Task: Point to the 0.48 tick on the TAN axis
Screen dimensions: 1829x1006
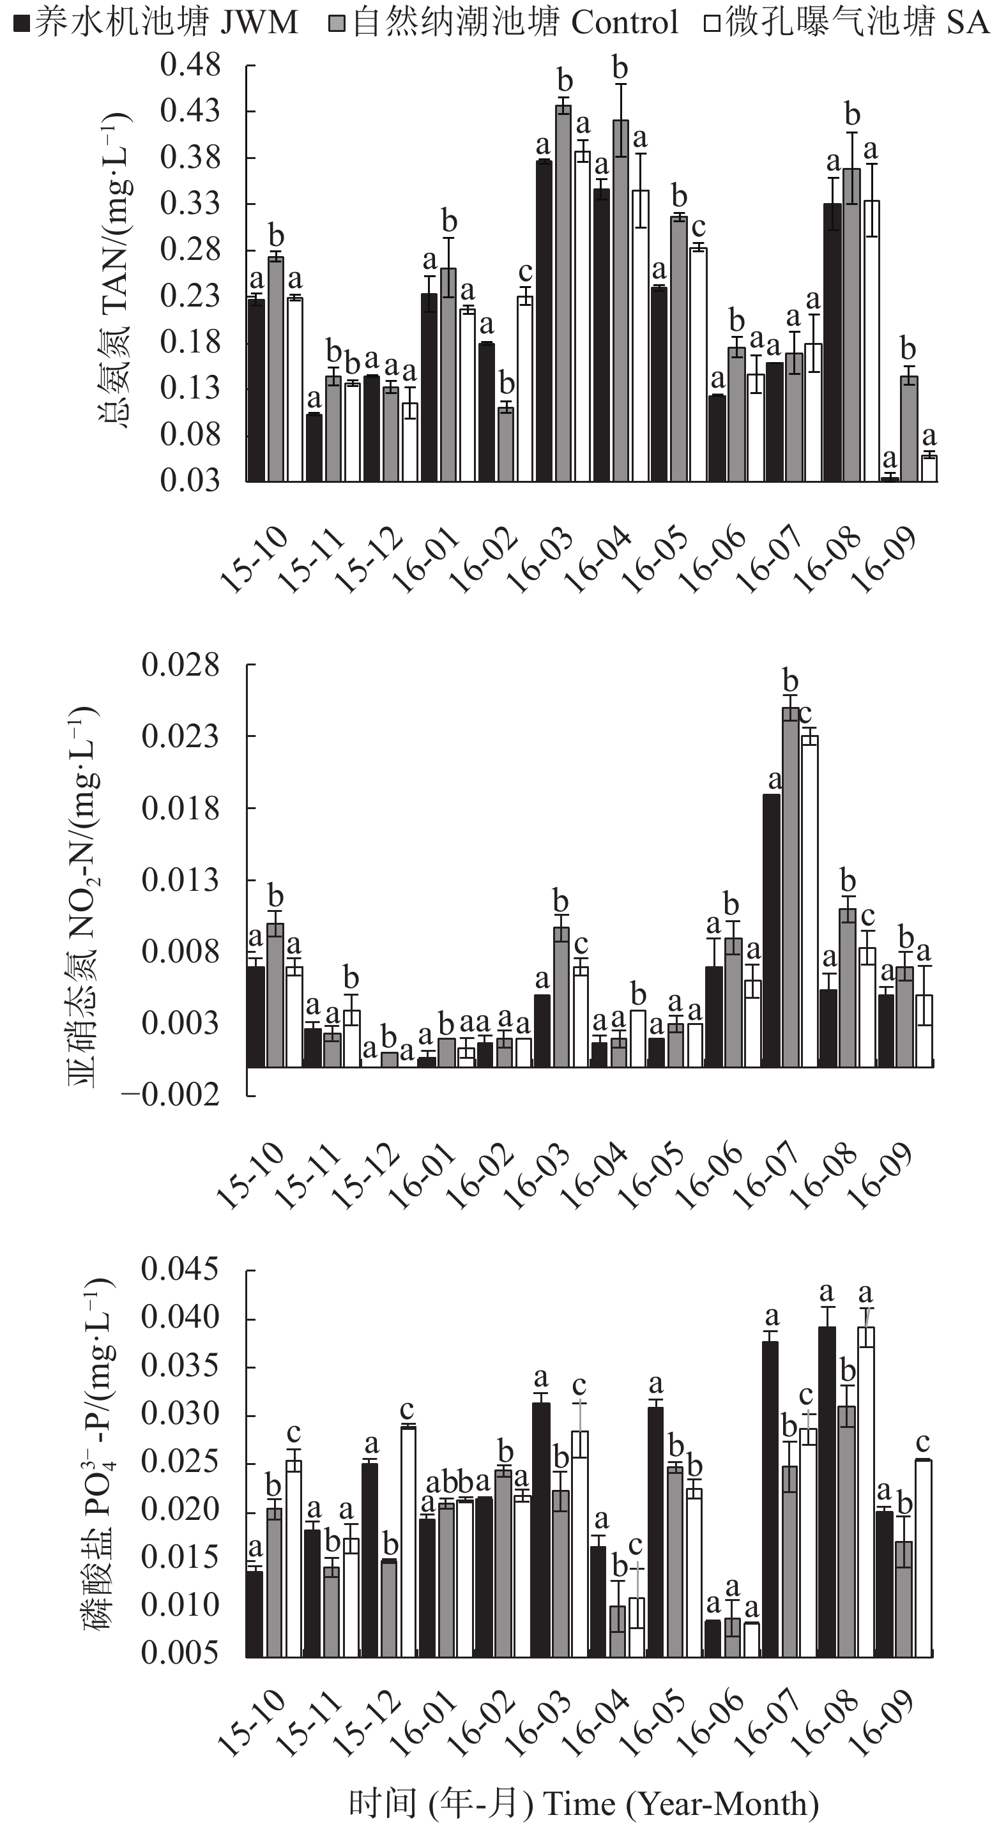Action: [190, 65]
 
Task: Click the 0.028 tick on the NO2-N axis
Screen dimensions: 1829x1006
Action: [180, 665]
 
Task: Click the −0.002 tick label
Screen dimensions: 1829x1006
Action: [171, 1095]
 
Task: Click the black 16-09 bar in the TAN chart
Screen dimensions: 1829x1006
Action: [890, 478]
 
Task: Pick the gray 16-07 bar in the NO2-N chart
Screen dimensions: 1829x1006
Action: [790, 887]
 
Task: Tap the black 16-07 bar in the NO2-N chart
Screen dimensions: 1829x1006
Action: [771, 930]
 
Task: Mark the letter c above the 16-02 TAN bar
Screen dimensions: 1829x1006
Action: [526, 272]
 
